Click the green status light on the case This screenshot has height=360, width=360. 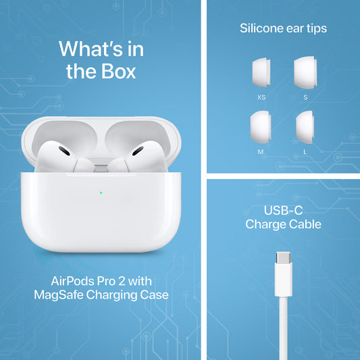coord(101,192)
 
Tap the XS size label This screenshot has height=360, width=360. coord(261,97)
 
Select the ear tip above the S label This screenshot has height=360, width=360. coord(305,72)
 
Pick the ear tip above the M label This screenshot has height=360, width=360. coord(261,127)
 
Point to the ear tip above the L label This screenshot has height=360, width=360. coord(305,127)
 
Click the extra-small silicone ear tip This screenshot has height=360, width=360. coord(261,72)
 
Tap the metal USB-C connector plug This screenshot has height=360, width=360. coord(283,257)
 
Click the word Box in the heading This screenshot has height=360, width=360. coord(118,71)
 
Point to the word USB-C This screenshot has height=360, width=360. coord(283,210)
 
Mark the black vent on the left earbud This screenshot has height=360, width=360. coord(64,151)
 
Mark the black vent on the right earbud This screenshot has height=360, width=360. coord(138,151)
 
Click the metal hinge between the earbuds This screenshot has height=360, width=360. coord(101,165)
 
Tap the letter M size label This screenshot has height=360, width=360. coord(261,152)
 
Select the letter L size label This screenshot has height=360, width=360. coord(305,152)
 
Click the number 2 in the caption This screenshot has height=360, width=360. coord(122,281)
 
